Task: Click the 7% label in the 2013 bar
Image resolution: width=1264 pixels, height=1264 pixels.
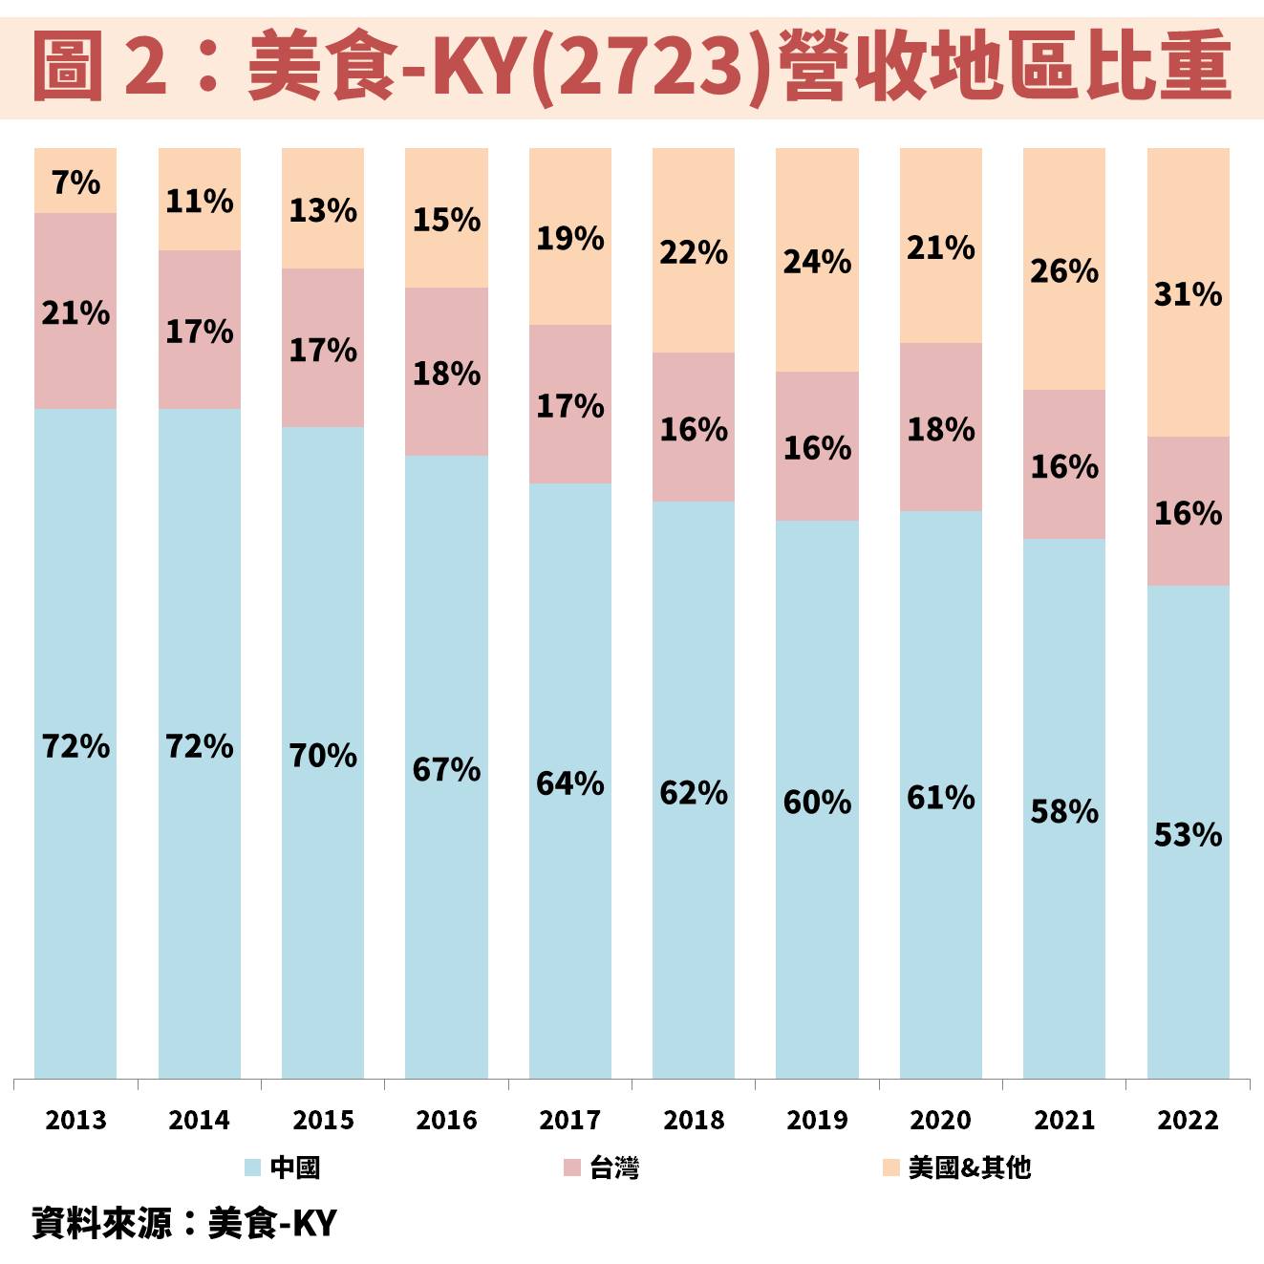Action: point(75,182)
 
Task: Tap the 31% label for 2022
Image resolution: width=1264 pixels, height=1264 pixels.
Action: point(1188,294)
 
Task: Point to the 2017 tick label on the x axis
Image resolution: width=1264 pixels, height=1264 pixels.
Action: point(569,1120)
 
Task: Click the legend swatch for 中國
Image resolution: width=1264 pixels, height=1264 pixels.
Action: point(252,1168)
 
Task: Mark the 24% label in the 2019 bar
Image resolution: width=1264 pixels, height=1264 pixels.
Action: point(817,262)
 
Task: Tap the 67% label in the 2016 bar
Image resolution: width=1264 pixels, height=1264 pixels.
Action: point(446,769)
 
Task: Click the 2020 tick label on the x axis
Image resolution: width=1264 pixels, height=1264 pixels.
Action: point(940,1120)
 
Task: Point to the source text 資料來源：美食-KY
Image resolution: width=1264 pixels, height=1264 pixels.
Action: point(184,1223)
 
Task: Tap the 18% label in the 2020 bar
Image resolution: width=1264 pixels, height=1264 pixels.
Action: point(940,430)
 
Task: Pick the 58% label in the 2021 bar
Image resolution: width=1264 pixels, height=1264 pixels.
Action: point(1064,812)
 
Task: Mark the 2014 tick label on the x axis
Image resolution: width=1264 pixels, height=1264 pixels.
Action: point(199,1120)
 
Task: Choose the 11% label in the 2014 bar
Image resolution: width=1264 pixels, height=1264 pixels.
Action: point(199,202)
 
